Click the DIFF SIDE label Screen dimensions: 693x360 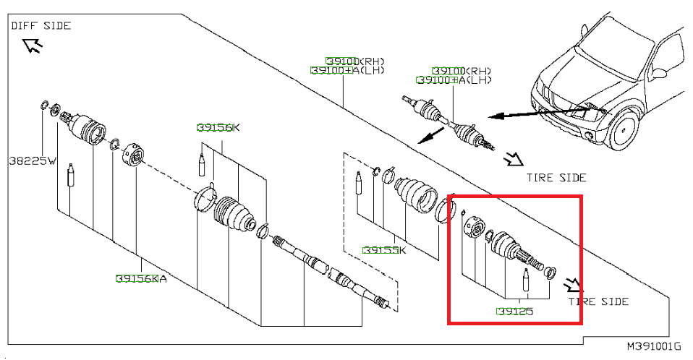tap(41, 25)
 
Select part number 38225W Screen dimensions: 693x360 tap(33, 160)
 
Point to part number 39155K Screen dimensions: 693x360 tap(384, 250)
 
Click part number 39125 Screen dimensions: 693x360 tap(515, 312)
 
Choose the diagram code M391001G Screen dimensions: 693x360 tap(655, 346)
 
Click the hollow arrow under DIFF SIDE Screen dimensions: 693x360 tap(33, 45)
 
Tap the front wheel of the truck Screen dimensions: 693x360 tap(623, 129)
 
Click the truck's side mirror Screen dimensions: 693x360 tap(658, 74)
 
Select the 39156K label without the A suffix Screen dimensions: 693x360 tap(218, 128)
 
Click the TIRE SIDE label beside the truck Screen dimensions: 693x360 tap(556, 178)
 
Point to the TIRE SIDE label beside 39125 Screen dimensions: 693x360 tap(598, 301)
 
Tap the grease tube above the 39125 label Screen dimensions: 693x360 tap(525, 280)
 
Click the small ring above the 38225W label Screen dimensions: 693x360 tap(43, 105)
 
